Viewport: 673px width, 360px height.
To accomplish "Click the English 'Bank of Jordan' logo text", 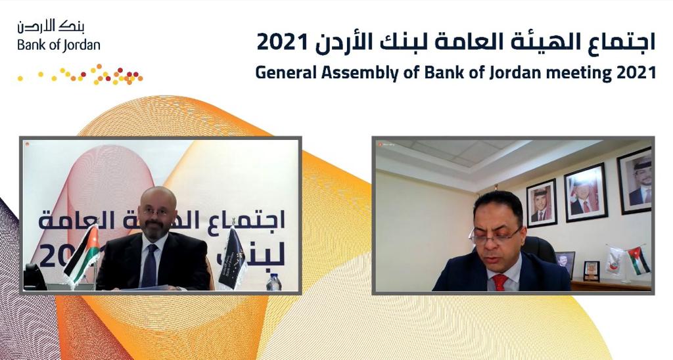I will (x=58, y=45).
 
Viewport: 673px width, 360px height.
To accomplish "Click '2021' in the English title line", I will (x=637, y=72).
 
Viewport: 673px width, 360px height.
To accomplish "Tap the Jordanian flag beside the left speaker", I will (x=84, y=254).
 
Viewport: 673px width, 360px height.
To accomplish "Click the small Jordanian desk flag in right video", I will (x=638, y=260).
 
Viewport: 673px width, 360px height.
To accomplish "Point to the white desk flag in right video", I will (x=616, y=260).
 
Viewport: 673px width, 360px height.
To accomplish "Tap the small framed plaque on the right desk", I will (x=591, y=270).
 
